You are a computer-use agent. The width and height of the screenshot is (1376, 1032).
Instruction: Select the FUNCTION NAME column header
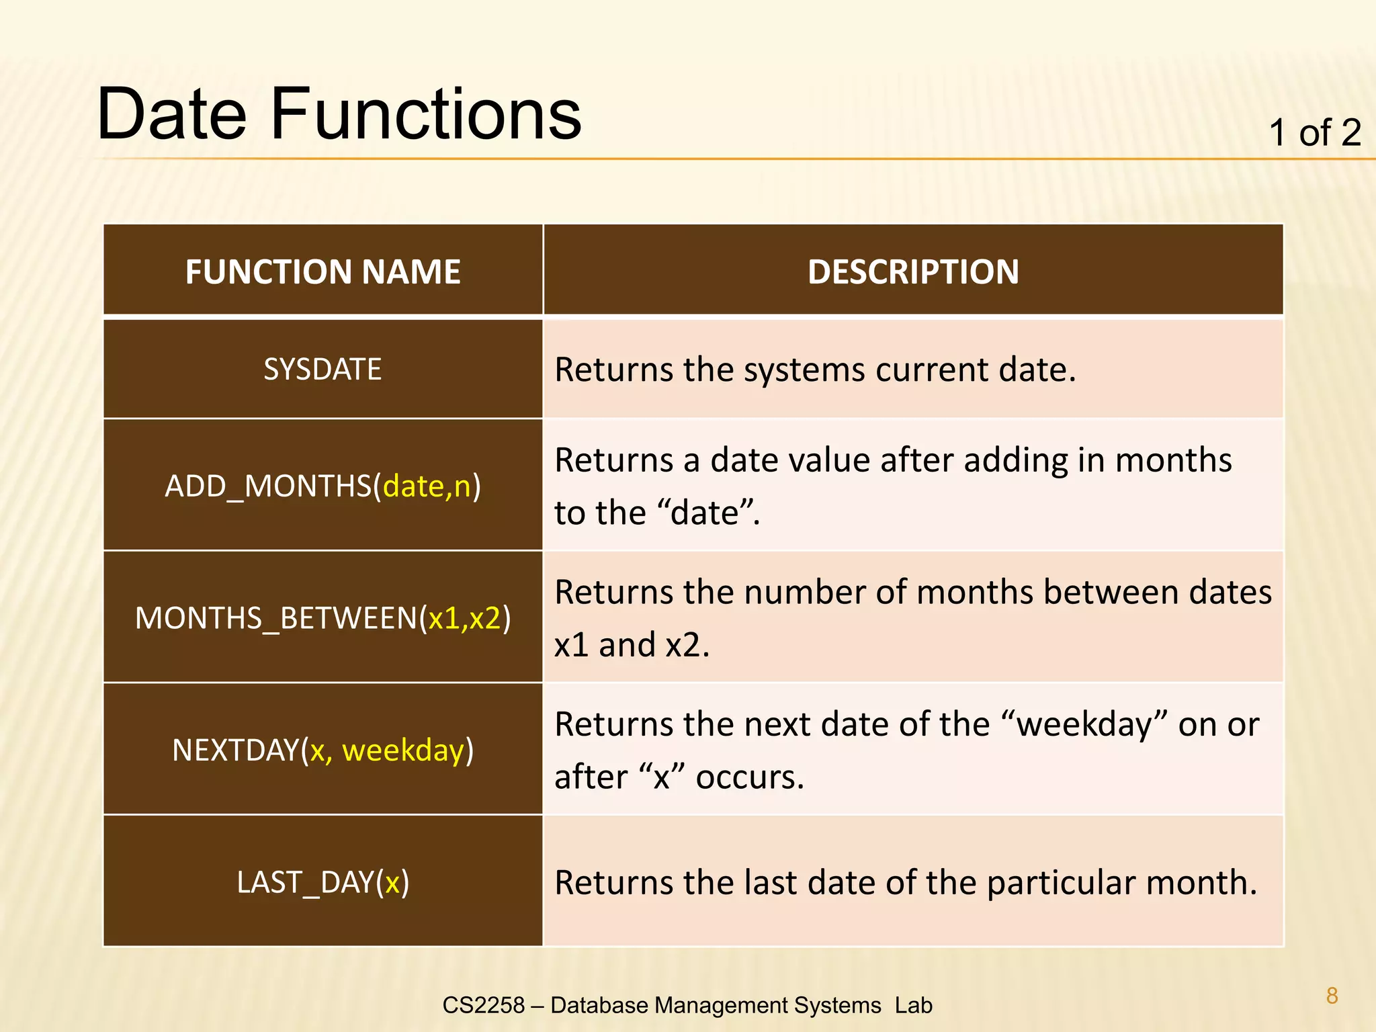322,272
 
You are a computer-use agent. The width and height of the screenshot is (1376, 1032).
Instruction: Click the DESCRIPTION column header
912,272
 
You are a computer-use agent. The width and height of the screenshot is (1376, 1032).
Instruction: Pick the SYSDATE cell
322,370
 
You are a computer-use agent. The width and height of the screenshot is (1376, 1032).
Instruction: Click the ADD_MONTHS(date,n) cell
322,486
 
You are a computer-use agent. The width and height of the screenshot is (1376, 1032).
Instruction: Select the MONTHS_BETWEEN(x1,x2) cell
322,618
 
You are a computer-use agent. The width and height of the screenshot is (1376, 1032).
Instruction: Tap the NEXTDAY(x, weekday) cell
322,750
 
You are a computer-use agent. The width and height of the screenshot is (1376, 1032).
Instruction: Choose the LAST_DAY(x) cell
322,882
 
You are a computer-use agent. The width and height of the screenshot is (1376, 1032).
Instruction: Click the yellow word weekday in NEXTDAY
403,750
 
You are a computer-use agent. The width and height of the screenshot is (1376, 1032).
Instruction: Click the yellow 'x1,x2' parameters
465,618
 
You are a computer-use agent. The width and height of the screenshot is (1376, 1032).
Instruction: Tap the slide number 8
1332,996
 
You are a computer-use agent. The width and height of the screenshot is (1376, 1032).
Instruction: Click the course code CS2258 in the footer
483,1005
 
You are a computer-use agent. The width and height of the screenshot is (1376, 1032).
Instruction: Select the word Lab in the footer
913,1005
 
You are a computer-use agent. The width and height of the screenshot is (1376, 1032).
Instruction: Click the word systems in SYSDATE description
804,371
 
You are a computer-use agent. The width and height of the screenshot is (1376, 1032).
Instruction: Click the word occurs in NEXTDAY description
749,777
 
